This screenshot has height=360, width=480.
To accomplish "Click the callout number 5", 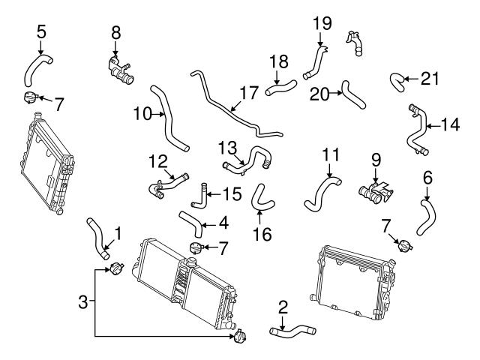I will click(x=40, y=31).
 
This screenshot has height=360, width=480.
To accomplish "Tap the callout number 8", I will click(x=115, y=32).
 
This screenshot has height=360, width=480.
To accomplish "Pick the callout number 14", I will click(x=449, y=124).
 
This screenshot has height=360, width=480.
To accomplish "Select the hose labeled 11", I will click(x=319, y=193).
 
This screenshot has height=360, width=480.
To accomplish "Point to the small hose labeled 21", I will click(x=397, y=81).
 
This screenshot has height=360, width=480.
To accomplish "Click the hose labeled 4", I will click(x=190, y=220).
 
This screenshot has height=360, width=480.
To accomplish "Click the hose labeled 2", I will click(x=292, y=330).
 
